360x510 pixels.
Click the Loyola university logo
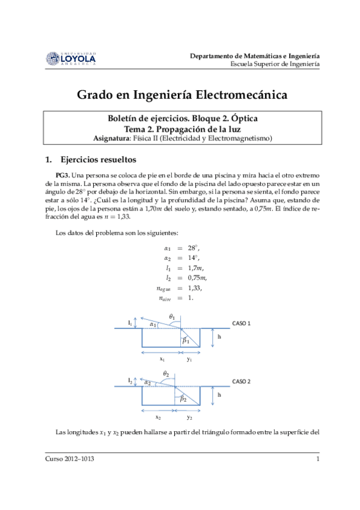click(x=70, y=58)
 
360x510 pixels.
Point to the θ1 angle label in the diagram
click(x=172, y=316)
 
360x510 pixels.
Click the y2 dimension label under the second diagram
click(x=189, y=417)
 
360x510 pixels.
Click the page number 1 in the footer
click(x=317, y=459)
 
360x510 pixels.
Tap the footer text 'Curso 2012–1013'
click(x=70, y=459)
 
